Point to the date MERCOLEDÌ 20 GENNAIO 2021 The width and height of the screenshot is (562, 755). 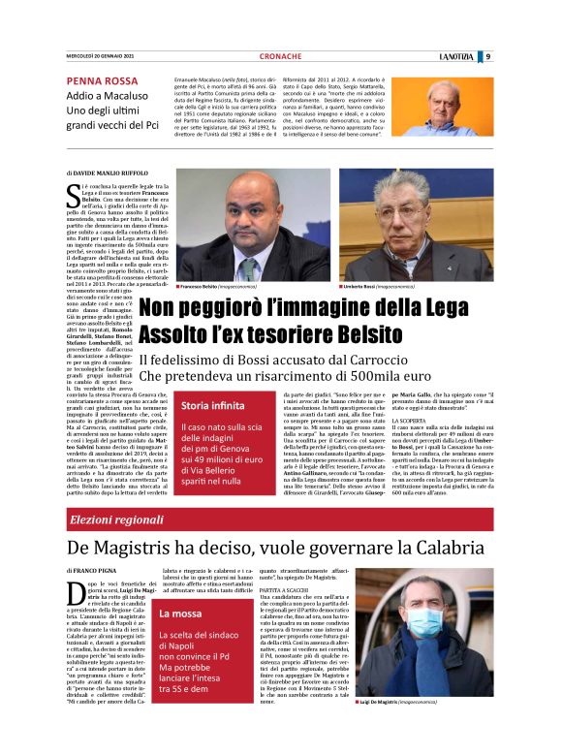(100, 57)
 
